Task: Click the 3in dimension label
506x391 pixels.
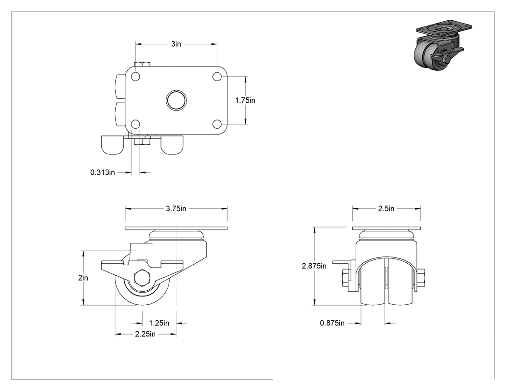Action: tap(176, 44)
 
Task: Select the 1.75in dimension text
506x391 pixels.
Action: tap(245, 100)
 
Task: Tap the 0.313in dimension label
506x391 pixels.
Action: tap(102, 173)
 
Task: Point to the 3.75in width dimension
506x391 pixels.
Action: tap(176, 209)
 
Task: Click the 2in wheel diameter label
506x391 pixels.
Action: tap(83, 278)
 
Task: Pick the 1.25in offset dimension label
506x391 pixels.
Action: tap(159, 323)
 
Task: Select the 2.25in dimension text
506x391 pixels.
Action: tap(145, 334)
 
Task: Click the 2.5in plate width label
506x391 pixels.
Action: tap(386, 209)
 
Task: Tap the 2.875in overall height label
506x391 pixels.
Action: tap(314, 266)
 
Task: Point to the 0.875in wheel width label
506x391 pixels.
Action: tap(332, 323)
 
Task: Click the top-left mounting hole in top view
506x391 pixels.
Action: tap(136, 77)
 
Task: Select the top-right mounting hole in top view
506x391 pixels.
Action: tap(217, 77)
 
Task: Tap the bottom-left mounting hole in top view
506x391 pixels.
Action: tap(136, 124)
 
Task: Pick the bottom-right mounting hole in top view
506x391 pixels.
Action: tap(217, 124)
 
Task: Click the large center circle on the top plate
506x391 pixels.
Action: tap(176, 100)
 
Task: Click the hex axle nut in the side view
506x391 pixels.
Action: tap(142, 277)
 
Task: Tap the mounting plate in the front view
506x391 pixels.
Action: tap(386, 229)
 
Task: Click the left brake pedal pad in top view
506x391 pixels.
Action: tap(113, 145)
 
